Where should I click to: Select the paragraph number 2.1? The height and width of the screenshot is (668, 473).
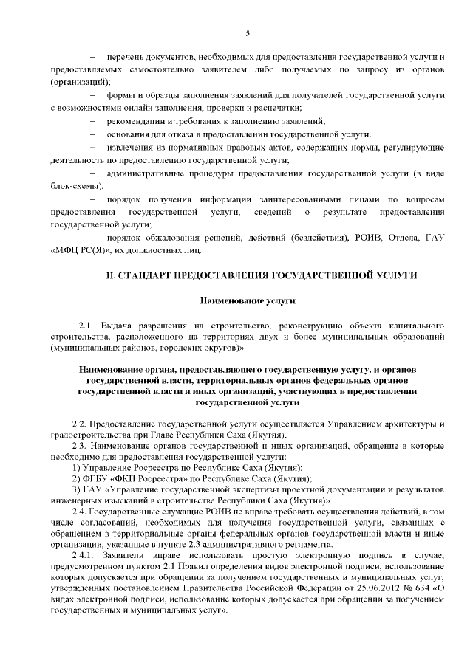(85, 326)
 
